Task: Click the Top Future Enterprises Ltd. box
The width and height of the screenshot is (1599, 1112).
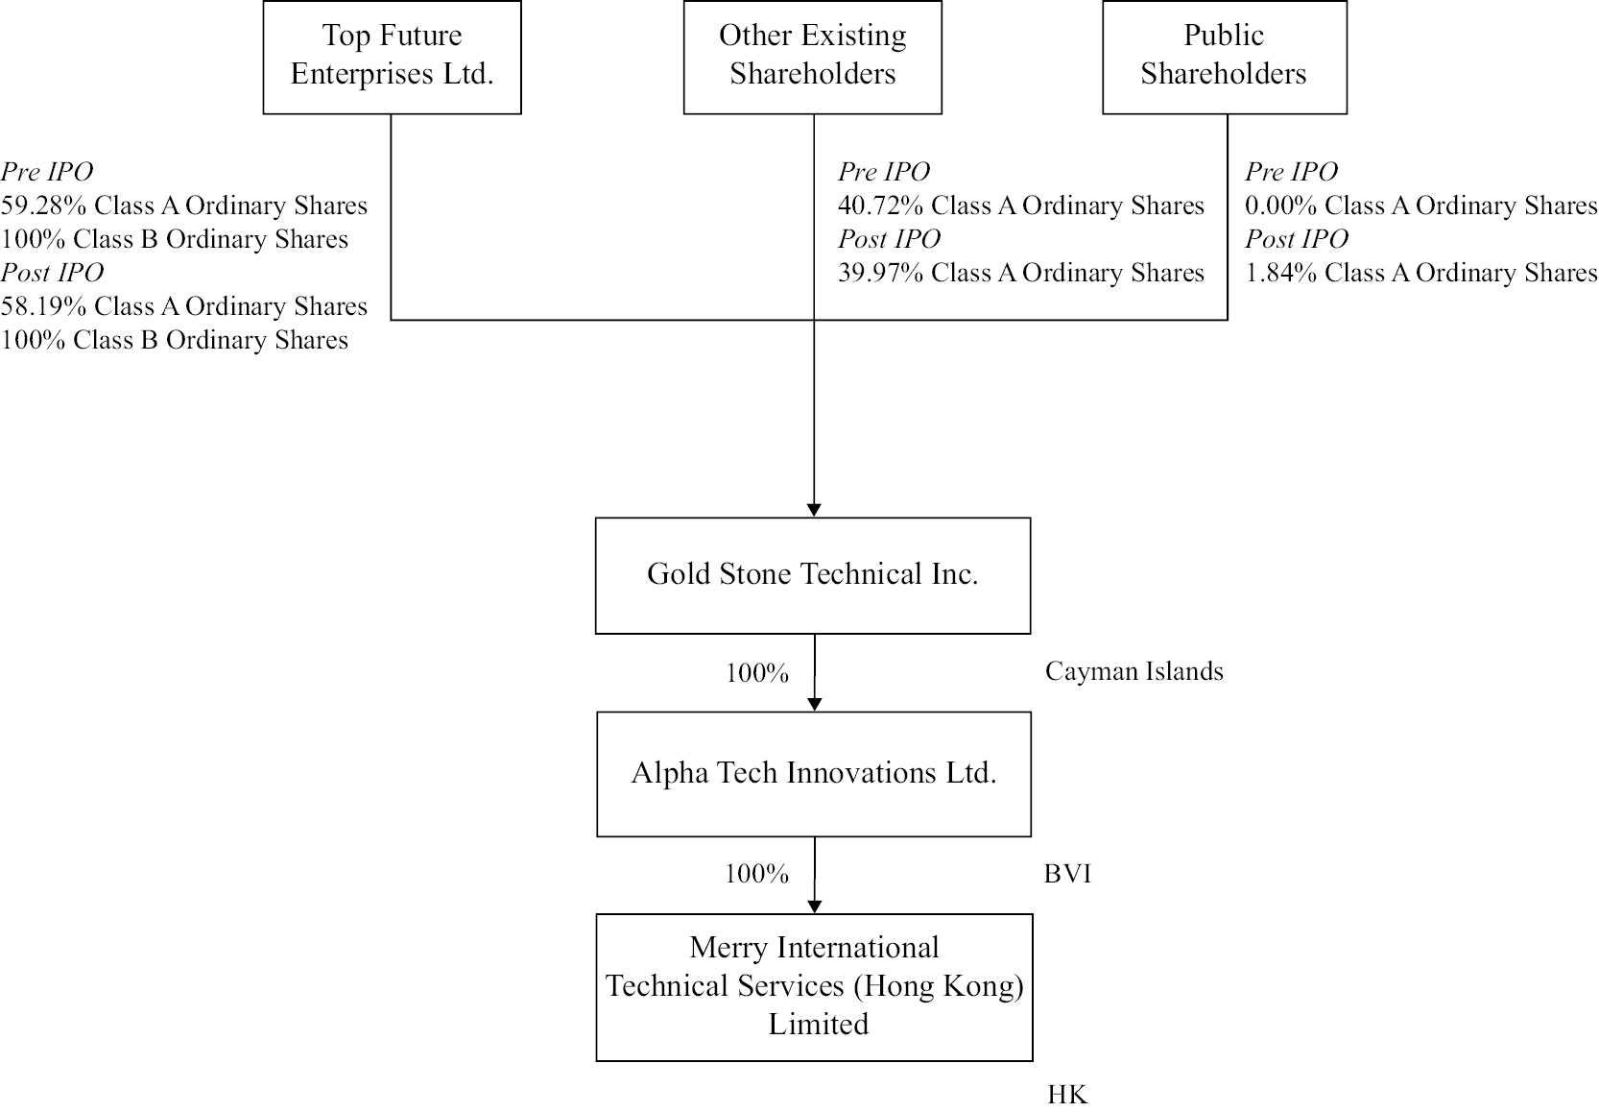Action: pyautogui.click(x=392, y=57)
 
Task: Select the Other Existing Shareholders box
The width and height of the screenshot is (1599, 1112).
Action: pyautogui.click(x=812, y=57)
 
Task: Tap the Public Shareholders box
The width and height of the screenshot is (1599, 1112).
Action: pyautogui.click(x=1225, y=57)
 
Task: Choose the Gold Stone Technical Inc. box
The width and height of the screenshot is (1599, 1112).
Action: pyautogui.click(x=813, y=575)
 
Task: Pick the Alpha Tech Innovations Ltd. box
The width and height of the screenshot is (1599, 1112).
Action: pyautogui.click(x=814, y=774)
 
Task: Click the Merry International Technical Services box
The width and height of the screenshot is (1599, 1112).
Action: pyautogui.click(x=815, y=988)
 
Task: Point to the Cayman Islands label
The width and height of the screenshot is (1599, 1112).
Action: pyautogui.click(x=1134, y=671)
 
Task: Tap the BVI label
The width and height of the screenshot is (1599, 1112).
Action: pyautogui.click(x=1067, y=874)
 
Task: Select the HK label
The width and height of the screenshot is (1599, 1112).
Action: pyautogui.click(x=1067, y=1094)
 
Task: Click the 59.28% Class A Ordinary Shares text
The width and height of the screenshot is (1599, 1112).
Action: pyautogui.click(x=184, y=205)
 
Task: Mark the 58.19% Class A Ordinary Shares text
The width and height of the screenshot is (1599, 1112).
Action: pyautogui.click(x=184, y=306)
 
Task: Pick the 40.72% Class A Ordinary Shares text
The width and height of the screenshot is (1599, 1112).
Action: pyautogui.click(x=1021, y=205)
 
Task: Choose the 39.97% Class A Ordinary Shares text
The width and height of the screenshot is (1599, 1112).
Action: pyautogui.click(x=1021, y=273)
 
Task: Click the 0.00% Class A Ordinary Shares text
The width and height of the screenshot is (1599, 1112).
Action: pyautogui.click(x=1421, y=205)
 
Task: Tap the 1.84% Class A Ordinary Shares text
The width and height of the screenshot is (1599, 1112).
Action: pyautogui.click(x=1421, y=273)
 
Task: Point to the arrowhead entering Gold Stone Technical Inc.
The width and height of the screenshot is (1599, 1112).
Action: pyautogui.click(x=814, y=510)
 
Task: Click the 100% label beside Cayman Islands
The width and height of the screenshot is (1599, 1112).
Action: pyautogui.click(x=757, y=673)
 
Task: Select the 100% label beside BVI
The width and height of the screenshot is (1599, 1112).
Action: pyautogui.click(x=757, y=874)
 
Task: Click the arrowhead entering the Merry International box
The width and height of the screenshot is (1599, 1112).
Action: pyautogui.click(x=815, y=907)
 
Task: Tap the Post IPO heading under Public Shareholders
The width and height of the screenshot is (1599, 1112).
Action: pyautogui.click(x=1297, y=238)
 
